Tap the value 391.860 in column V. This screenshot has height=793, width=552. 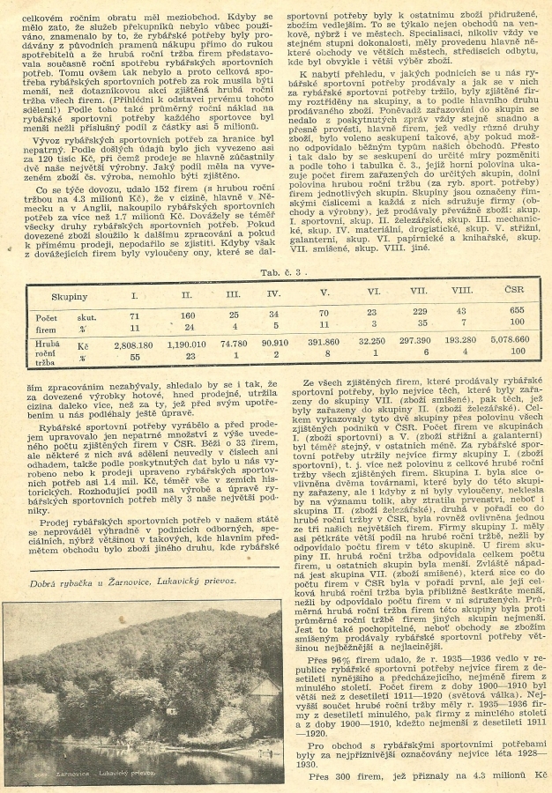tap(324, 340)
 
